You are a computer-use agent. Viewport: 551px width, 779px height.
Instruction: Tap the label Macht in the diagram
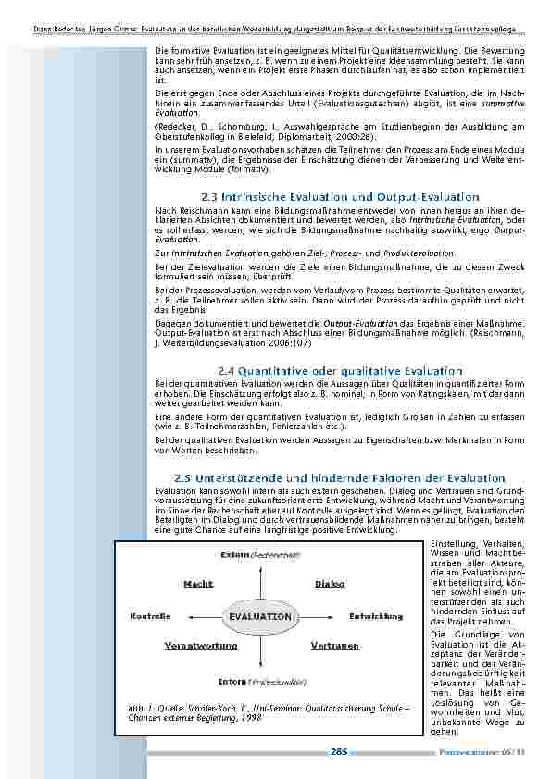(x=198, y=585)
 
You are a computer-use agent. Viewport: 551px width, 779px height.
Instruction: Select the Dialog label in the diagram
(x=330, y=585)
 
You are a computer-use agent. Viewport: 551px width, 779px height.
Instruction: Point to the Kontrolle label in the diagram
(x=149, y=616)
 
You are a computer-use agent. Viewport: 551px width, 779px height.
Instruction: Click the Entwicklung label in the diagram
(x=375, y=616)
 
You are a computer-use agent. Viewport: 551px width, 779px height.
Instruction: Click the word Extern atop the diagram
(x=234, y=554)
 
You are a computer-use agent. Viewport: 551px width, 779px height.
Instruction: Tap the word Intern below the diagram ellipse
(x=232, y=681)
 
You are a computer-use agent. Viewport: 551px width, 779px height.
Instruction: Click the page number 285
(x=338, y=752)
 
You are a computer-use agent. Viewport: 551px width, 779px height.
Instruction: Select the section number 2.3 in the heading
(x=207, y=197)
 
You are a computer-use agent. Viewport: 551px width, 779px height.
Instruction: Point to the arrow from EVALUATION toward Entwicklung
(x=324, y=616)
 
